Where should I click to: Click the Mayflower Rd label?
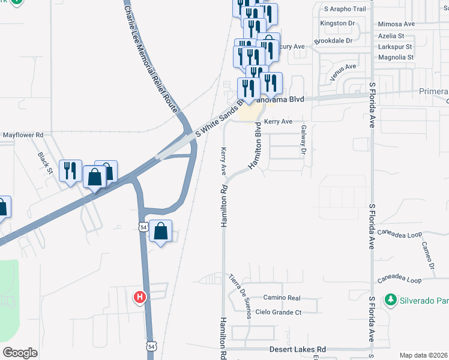pos(23,136)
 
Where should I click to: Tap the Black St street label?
pos(45,159)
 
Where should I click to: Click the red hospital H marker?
pos(140,296)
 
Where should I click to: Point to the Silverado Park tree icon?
pos(390,299)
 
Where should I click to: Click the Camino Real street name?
pos(282,298)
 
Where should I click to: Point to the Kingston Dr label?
pos(338,23)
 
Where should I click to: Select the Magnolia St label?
pos(396,58)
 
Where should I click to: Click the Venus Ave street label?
pos(343,73)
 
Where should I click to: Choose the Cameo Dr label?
pos(427,255)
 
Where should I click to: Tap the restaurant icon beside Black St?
pos(70,171)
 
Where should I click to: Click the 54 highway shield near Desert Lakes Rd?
pos(151,346)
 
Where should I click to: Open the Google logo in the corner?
pos(20,353)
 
